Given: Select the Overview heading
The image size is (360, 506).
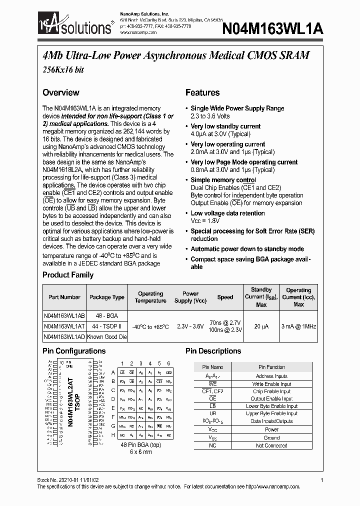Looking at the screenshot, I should pyautogui.click(x=60, y=92).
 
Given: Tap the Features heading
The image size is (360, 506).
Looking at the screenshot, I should pyautogui.click(x=202, y=92).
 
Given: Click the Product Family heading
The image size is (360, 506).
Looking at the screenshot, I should pyautogui.click(x=67, y=274).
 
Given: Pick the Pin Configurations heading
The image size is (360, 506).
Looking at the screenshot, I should pyautogui.click(x=74, y=351).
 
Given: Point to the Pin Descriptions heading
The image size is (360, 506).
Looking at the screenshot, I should pyautogui.click(x=213, y=351).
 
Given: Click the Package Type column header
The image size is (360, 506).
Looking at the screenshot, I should pyautogui.click(x=106, y=297).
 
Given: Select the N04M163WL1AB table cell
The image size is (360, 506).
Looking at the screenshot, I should pyautogui.click(x=64, y=315).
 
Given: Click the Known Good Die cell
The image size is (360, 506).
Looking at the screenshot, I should pyautogui.click(x=107, y=337).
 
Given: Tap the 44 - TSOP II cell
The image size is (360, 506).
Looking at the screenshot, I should pyautogui.click(x=107, y=326).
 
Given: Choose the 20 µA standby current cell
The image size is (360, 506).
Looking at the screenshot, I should pyautogui.click(x=261, y=326).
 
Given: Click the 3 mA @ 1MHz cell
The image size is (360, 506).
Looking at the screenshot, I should pyautogui.click(x=298, y=326).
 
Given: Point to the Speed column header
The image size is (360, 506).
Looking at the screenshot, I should pyautogui.click(x=225, y=297).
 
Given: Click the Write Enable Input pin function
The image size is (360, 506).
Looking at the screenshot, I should pyautogui.click(x=271, y=384).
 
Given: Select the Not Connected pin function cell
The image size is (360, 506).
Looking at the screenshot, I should pyautogui.click(x=271, y=445).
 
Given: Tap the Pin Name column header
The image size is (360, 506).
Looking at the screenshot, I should pyautogui.click(x=213, y=367).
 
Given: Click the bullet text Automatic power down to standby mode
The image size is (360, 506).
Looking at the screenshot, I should pyautogui.click(x=247, y=249).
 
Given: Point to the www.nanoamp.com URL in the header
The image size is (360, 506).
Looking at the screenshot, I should pyautogui.click(x=138, y=32).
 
